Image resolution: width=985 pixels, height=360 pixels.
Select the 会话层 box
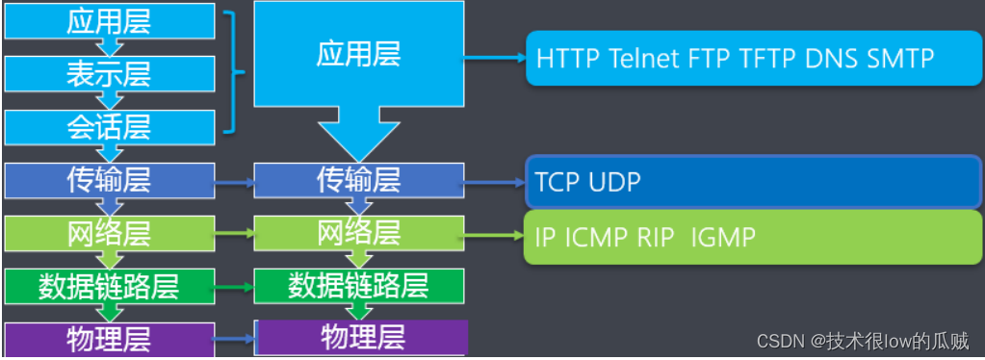tap(108, 127)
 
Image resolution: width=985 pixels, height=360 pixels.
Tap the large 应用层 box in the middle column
tap(358, 54)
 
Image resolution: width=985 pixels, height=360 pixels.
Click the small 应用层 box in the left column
tap(108, 21)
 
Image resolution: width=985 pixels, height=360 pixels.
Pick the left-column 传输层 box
tap(108, 180)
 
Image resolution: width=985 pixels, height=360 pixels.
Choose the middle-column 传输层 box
tap(358, 180)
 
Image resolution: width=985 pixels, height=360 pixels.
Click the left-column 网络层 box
tap(108, 232)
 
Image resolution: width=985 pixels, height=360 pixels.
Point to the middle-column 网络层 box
tap(358, 232)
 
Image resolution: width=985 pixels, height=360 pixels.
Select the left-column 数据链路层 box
tap(108, 285)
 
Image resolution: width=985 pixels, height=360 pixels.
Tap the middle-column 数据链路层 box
tap(358, 285)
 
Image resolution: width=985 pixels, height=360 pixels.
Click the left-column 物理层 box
tap(108, 339)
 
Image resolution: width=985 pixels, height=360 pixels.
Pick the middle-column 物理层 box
tap(361, 337)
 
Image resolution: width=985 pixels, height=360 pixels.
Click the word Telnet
tap(645, 58)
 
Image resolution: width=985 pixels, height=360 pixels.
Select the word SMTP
tap(900, 58)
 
